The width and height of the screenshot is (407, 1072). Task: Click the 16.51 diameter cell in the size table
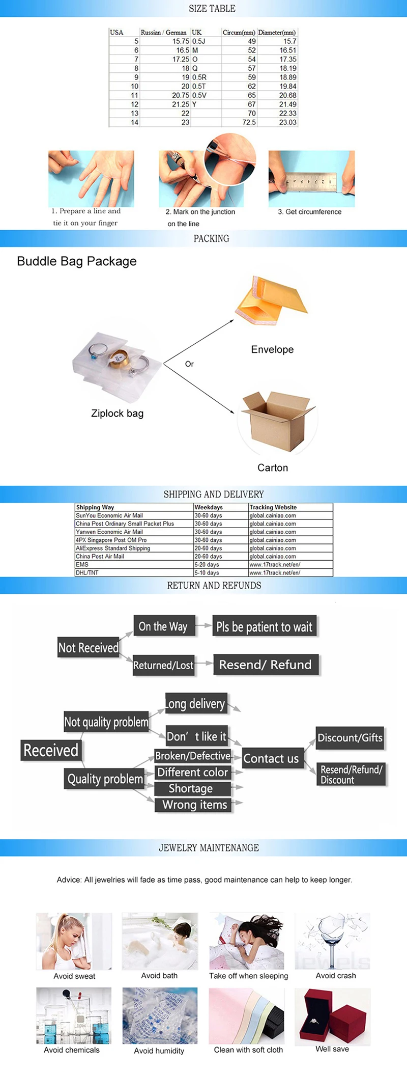(x=287, y=50)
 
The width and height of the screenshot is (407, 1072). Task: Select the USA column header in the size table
(x=117, y=32)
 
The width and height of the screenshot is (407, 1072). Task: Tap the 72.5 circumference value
(x=249, y=122)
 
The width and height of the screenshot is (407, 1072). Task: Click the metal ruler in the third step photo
(x=311, y=181)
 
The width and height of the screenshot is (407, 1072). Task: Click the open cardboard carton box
(x=277, y=421)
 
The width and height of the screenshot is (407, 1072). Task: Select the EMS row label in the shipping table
(x=82, y=564)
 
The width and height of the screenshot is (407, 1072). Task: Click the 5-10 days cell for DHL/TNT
(x=207, y=572)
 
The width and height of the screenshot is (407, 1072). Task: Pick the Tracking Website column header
(x=273, y=507)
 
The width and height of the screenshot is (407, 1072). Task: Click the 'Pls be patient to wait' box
(x=264, y=626)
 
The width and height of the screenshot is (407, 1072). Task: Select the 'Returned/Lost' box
(x=163, y=665)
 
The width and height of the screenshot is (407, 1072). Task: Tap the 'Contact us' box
(x=271, y=758)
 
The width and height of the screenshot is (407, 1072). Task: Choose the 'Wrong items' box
(x=194, y=805)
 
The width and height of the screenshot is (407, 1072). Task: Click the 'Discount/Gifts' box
(x=350, y=737)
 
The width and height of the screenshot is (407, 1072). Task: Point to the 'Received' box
(x=51, y=750)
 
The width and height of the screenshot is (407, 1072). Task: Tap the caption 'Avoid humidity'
(x=159, y=1051)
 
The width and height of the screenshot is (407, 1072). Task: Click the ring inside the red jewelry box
(x=313, y=1021)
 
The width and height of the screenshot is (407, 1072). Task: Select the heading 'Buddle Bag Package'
(x=77, y=261)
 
